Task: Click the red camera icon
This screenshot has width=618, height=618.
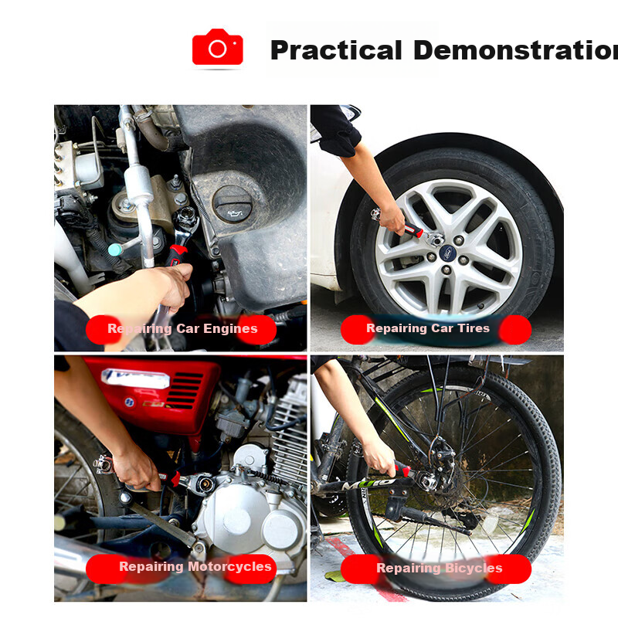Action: click(218, 47)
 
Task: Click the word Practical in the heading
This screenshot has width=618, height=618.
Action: click(336, 50)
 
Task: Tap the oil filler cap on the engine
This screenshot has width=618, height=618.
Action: click(233, 204)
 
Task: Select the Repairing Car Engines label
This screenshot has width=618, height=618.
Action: click(182, 329)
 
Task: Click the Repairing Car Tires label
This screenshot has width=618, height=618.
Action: click(436, 329)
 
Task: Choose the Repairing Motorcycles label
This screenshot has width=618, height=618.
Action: click(182, 569)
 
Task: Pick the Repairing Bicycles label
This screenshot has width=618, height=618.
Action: click(436, 569)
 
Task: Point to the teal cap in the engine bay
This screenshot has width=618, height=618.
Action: click(114, 250)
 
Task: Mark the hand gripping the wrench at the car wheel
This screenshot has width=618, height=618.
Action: click(392, 219)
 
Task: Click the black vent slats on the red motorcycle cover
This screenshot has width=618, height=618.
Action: click(185, 391)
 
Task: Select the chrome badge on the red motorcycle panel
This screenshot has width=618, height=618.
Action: click(134, 378)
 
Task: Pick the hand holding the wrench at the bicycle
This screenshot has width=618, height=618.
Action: click(379, 457)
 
